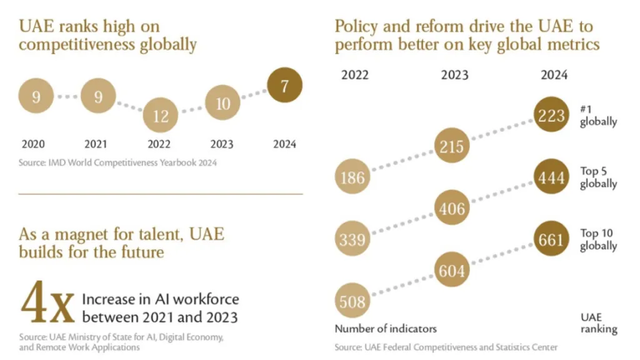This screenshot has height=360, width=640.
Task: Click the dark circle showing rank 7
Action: [x=284, y=86]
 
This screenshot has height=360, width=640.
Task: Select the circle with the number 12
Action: [x=161, y=116]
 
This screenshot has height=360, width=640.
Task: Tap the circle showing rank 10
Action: [x=223, y=104]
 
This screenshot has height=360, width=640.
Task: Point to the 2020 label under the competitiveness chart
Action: [x=33, y=144]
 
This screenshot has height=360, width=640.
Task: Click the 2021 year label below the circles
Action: [x=96, y=144]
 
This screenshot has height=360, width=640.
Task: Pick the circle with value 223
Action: [x=551, y=116]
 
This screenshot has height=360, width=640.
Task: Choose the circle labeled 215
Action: [x=452, y=146]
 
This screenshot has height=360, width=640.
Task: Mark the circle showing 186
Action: [x=352, y=177]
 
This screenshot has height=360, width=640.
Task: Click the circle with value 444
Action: [x=551, y=177]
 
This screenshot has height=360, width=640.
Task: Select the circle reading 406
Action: [x=452, y=208]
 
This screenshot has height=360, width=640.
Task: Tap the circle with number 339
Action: [x=352, y=239]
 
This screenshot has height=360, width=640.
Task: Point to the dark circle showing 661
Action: [x=551, y=239]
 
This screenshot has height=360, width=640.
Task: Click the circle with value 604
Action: [x=452, y=271]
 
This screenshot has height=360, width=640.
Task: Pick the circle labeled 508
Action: [x=352, y=302]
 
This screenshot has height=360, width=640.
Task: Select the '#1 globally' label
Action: [x=598, y=116]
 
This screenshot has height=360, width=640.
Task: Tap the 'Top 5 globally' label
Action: [x=598, y=177]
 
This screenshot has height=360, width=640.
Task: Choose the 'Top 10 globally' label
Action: [x=598, y=239]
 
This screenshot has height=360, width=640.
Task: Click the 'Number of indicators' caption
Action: [x=386, y=329]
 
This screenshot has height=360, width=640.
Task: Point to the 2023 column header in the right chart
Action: [x=454, y=75]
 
